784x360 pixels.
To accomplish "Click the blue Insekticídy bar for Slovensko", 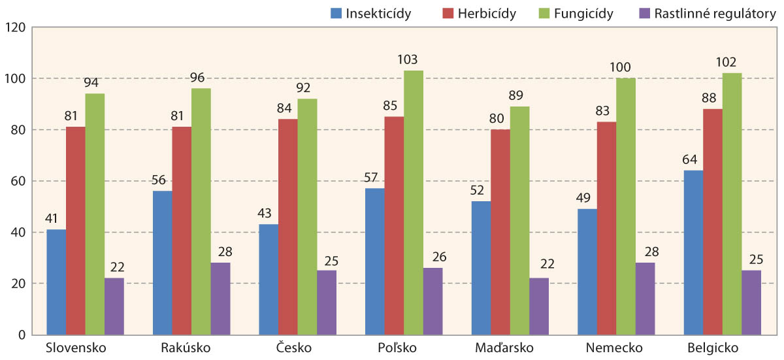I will click(x=56, y=282).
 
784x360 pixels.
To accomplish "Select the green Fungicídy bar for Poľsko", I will click(x=414, y=203).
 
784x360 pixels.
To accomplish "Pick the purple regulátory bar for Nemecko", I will click(x=645, y=299).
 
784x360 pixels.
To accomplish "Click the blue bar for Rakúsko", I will click(x=162, y=263).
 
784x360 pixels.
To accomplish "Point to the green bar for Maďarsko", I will click(x=520, y=220).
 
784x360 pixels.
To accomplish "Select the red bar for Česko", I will click(x=288, y=227).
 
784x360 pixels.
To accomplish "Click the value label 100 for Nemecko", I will click(x=626, y=67).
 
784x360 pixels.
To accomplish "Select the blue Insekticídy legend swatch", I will click(x=336, y=14).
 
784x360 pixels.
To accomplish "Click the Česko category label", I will click(x=298, y=347).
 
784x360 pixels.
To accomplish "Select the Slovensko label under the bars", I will click(x=76, y=347).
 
